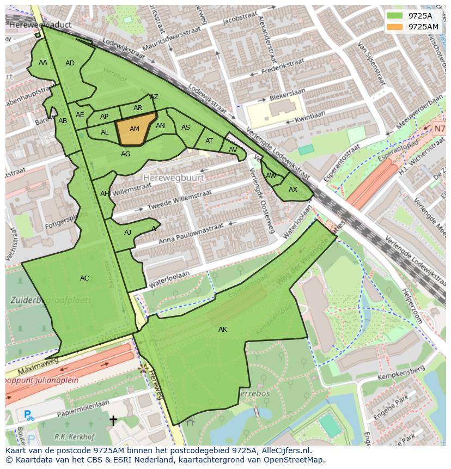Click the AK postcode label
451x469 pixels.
coord(223,330)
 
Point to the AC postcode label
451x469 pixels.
coord(84,278)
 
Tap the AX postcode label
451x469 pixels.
coord(293,190)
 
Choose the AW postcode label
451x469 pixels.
coord(271,175)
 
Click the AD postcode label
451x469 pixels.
coord(70,63)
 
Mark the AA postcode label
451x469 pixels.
coord(43,63)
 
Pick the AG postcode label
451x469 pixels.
coord(125,154)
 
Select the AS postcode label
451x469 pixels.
coord(186,127)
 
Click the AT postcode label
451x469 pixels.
coord(209,141)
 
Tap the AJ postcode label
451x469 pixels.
coord(128,233)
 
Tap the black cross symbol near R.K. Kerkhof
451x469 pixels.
coord(113,420)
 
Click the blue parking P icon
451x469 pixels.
coord(28,415)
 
